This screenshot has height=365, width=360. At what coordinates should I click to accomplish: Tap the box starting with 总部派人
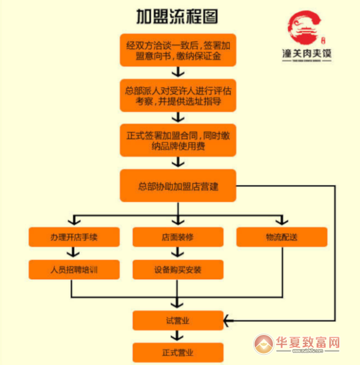[x=178, y=95]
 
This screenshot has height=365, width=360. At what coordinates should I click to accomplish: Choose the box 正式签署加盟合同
[x=178, y=140]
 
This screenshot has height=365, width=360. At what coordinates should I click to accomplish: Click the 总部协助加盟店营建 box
[x=178, y=186]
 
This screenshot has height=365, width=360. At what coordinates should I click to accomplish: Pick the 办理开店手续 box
[x=71, y=237]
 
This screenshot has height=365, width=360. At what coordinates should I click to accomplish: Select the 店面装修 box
[x=178, y=237]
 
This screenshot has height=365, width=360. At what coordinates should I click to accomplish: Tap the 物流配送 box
[x=281, y=237]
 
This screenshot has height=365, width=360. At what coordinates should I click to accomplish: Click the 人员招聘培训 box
[x=71, y=270]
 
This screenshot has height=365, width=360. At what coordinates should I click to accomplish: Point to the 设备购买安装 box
[x=178, y=270]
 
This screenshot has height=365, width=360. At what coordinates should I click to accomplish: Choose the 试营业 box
[x=178, y=321]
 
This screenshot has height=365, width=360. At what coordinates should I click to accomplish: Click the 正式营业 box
[x=178, y=352]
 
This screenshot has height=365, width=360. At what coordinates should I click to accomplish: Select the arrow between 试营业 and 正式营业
[x=178, y=337]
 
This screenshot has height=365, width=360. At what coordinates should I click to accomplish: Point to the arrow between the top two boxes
[x=178, y=72]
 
